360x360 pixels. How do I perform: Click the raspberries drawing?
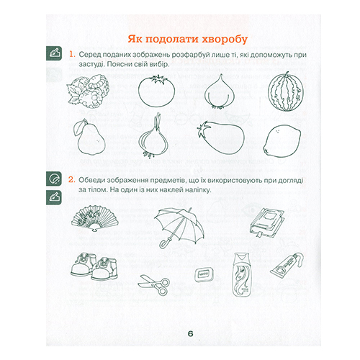pyautogui.click(x=88, y=91)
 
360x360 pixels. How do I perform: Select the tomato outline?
pyautogui.click(x=156, y=91)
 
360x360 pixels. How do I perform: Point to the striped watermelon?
pyautogui.click(x=286, y=92)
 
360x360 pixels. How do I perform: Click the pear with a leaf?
pyautogui.click(x=90, y=138)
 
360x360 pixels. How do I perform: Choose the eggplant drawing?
pyautogui.click(x=220, y=138)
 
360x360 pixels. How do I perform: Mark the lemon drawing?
pyautogui.click(x=282, y=141)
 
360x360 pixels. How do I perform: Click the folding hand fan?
pyautogui.click(x=95, y=219)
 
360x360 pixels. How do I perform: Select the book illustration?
pyautogui.click(x=266, y=222)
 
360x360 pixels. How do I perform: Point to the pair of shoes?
pyautogui.click(x=94, y=266)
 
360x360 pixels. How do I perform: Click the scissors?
pyautogui.click(x=154, y=284)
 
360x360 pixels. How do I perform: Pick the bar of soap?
pyautogui.click(x=204, y=274)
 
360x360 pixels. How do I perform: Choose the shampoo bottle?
pyautogui.click(x=242, y=274)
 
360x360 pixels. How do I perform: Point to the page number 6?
pyautogui.click(x=191, y=334)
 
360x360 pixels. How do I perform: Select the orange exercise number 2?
pyautogui.click(x=72, y=179)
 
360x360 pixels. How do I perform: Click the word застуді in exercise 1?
pyautogui.click(x=91, y=64)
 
